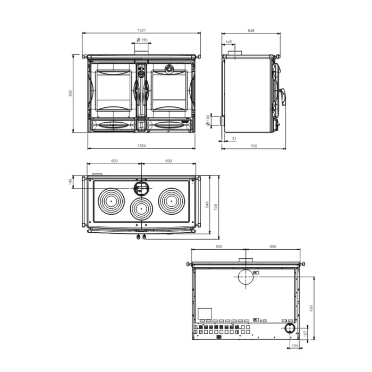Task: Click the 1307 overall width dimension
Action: point(141,30)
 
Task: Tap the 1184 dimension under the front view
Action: point(141,146)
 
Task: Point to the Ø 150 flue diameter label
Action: point(142,40)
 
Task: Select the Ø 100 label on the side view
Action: point(208,120)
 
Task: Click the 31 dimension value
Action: point(234,139)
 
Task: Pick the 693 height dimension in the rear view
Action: point(311,308)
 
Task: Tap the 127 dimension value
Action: point(305,333)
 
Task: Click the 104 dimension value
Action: point(294,345)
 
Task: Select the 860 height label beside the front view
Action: point(70,93)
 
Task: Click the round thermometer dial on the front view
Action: point(170,69)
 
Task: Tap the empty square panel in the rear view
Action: point(205,314)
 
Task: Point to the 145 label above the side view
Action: point(229,42)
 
